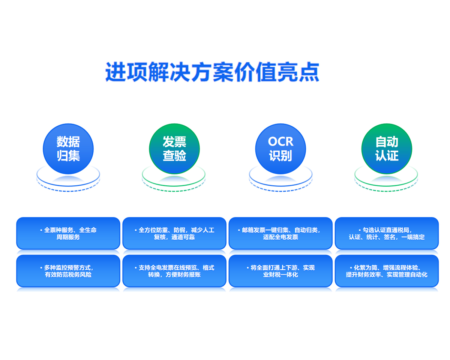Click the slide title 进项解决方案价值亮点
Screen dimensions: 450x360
click(x=212, y=72)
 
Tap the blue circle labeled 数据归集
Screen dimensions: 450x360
click(x=68, y=149)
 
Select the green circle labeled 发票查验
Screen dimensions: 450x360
click(x=174, y=149)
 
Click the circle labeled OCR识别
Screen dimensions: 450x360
click(x=280, y=149)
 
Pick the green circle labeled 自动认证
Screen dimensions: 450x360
click(x=387, y=149)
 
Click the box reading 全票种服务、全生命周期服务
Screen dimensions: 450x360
click(x=68, y=233)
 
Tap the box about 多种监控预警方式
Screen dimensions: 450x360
click(x=68, y=271)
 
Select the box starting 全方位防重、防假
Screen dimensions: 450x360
click(x=174, y=233)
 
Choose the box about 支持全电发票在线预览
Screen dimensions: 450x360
click(x=174, y=271)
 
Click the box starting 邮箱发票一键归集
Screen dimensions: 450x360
click(x=280, y=233)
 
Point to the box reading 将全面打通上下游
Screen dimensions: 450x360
click(x=280, y=271)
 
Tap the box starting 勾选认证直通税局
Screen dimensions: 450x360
click(x=387, y=233)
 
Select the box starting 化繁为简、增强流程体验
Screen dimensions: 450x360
click(x=387, y=271)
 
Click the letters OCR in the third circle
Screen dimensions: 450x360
click(x=280, y=142)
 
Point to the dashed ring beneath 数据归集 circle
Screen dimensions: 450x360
click(x=68, y=191)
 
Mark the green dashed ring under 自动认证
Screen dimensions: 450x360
click(x=386, y=191)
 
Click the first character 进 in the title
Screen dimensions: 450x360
click(x=115, y=72)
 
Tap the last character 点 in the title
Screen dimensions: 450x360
click(x=309, y=72)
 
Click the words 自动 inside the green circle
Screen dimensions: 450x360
click(x=387, y=142)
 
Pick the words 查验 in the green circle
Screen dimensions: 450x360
click(x=174, y=156)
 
